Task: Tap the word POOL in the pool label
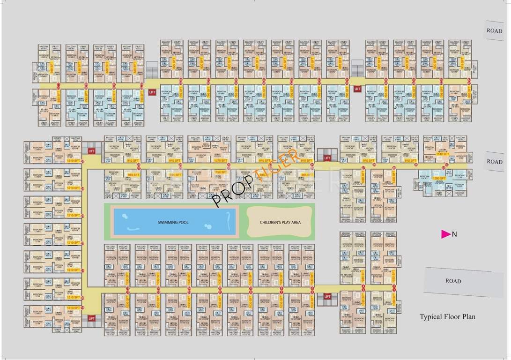point(183,222)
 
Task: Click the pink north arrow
point(445,234)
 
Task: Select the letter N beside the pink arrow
point(454,235)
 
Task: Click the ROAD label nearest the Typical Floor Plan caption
point(453,281)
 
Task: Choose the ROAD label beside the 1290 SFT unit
point(494,161)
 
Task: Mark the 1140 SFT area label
point(442,153)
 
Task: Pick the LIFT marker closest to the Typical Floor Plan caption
point(327,296)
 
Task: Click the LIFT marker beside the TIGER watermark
point(327,158)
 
